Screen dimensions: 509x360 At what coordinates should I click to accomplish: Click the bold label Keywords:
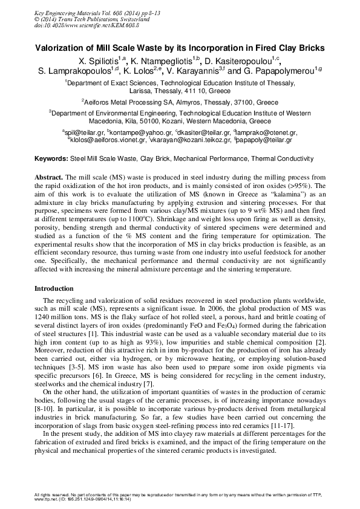(x=50, y=158)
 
